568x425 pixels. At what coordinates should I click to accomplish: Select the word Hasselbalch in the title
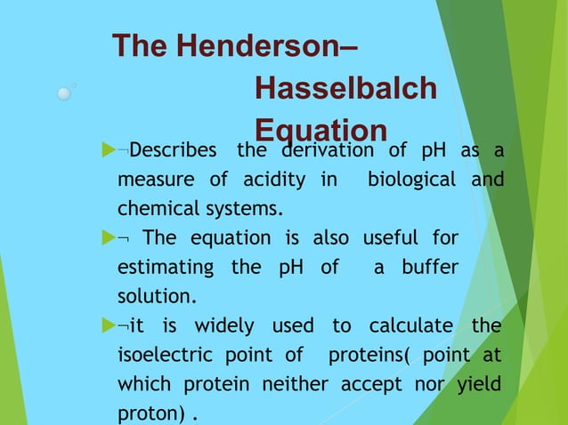(x=345, y=88)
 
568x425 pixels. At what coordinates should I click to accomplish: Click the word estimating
(x=166, y=268)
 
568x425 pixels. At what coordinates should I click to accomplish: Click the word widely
(x=211, y=325)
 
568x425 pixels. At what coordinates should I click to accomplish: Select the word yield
(x=479, y=384)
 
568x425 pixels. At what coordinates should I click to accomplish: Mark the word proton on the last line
(x=149, y=413)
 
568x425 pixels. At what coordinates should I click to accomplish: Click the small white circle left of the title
(x=64, y=92)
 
